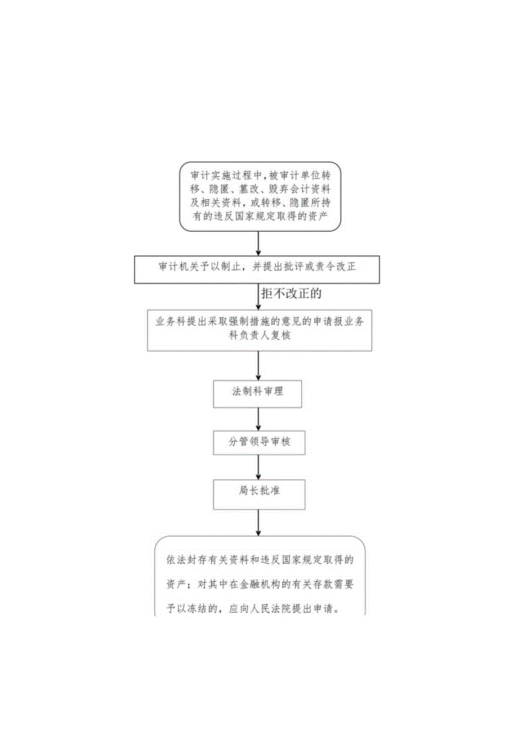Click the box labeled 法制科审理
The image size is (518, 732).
click(x=258, y=392)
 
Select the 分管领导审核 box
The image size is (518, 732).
click(x=258, y=442)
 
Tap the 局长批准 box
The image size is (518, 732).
click(x=258, y=491)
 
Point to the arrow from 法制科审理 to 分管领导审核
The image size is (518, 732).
click(x=258, y=419)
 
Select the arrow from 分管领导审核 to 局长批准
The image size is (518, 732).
click(x=258, y=466)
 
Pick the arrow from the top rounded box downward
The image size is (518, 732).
click(x=258, y=242)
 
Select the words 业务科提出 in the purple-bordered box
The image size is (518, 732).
click(x=181, y=321)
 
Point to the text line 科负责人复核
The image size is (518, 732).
click(x=259, y=335)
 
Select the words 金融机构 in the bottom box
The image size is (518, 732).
click(x=267, y=585)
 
